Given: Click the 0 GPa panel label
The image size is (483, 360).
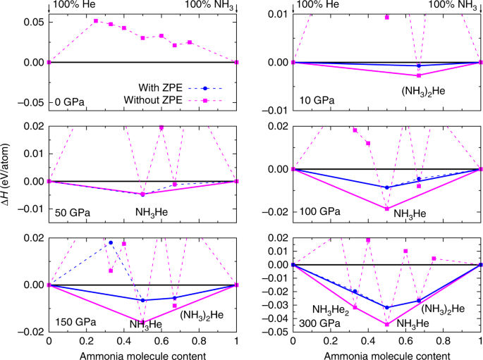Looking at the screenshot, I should click(71, 104).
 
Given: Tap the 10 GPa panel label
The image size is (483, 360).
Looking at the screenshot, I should click(315, 100).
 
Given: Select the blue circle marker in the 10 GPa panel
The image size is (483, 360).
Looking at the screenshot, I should click(419, 66).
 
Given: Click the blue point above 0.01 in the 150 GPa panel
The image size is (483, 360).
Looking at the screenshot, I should click(111, 242).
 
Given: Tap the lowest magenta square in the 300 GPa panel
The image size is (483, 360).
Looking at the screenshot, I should click(387, 324).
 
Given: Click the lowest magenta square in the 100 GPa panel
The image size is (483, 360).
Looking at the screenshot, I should click(387, 208).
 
